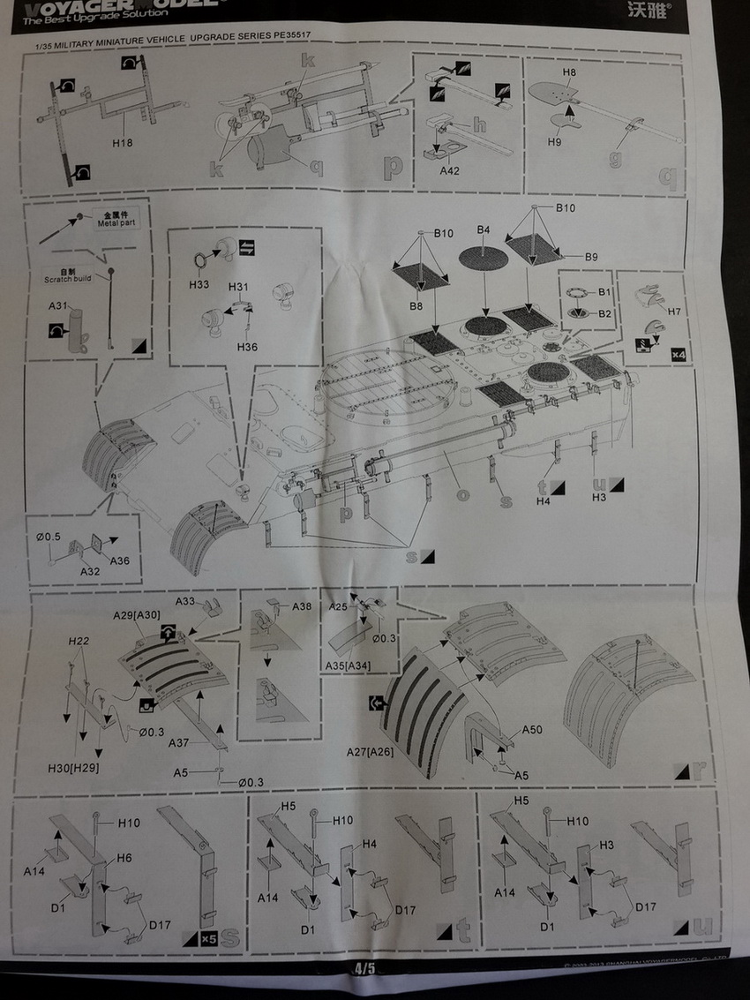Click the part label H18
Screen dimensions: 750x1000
pyautogui.click(x=123, y=142)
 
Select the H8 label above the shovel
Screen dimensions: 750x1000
pyautogui.click(x=569, y=72)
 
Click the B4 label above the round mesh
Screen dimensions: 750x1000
pyautogui.click(x=483, y=230)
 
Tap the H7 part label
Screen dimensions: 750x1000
pyautogui.click(x=674, y=312)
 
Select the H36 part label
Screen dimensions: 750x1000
pyautogui.click(x=247, y=347)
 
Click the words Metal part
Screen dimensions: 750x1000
pyautogui.click(x=113, y=223)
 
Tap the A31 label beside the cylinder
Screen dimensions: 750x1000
pyautogui.click(x=60, y=306)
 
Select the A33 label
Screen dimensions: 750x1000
pyautogui.click(x=184, y=602)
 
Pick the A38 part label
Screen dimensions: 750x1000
pyautogui.click(x=302, y=606)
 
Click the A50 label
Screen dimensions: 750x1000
pyautogui.click(x=532, y=730)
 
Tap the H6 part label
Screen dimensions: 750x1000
pyautogui.click(x=123, y=857)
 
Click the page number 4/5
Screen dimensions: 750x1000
pyautogui.click(x=364, y=967)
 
